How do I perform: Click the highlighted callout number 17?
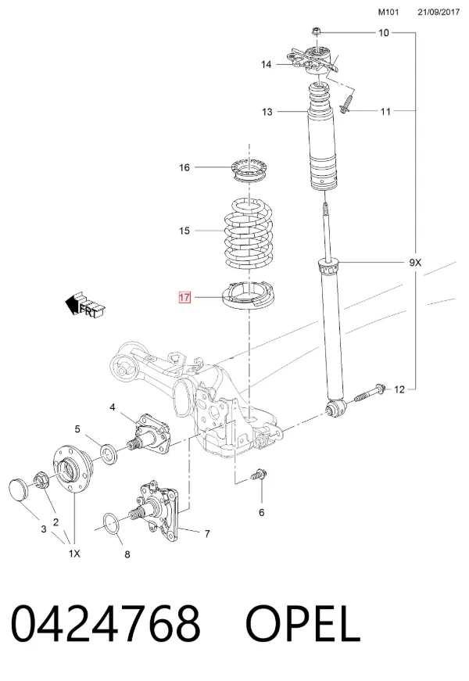click(x=184, y=297)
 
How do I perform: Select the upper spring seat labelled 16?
click(x=249, y=170)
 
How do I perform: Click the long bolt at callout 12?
click(x=370, y=392)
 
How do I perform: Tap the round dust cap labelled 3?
click(x=18, y=489)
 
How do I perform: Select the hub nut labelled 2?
click(x=41, y=478)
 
